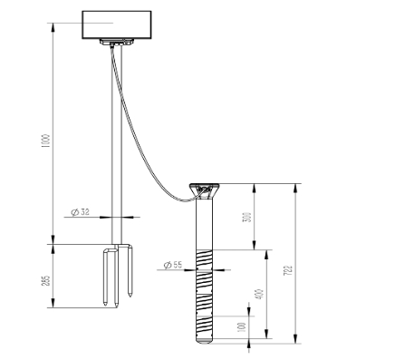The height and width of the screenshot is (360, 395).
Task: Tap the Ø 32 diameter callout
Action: [x=81, y=211]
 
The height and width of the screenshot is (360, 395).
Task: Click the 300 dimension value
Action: [x=247, y=218]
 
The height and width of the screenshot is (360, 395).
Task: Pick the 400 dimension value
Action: [x=258, y=295]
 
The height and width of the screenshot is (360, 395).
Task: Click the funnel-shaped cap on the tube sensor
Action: [x=204, y=190]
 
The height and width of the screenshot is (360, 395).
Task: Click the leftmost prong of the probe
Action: [x=106, y=278]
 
